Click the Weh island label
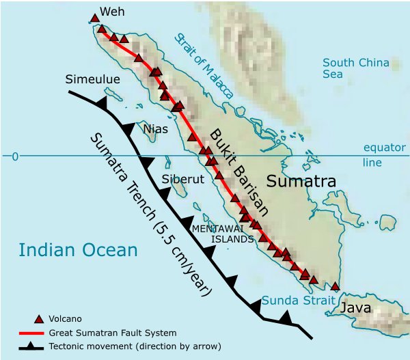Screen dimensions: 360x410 (113, 12)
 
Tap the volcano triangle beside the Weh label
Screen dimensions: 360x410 (94, 18)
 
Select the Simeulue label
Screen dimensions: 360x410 (92, 80)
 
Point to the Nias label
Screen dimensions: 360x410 (156, 128)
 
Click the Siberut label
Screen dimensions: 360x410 (182, 180)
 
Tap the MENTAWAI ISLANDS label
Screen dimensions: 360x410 (223, 234)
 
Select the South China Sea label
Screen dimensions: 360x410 (355, 68)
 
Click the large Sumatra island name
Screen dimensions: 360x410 (301, 182)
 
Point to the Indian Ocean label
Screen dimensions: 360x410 (78, 250)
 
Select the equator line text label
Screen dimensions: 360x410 (385, 155)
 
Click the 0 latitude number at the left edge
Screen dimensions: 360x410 (14, 156)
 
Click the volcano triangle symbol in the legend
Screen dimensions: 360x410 (40, 318)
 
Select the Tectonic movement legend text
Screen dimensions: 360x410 (134, 346)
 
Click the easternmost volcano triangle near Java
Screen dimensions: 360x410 (335, 286)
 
